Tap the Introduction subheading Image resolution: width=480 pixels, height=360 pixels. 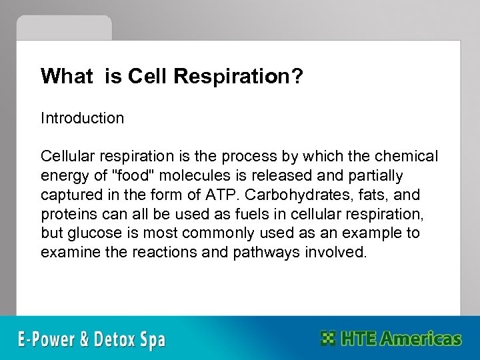pyautogui.click(x=82, y=119)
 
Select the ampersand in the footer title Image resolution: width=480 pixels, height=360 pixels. pyautogui.click(x=89, y=338)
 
